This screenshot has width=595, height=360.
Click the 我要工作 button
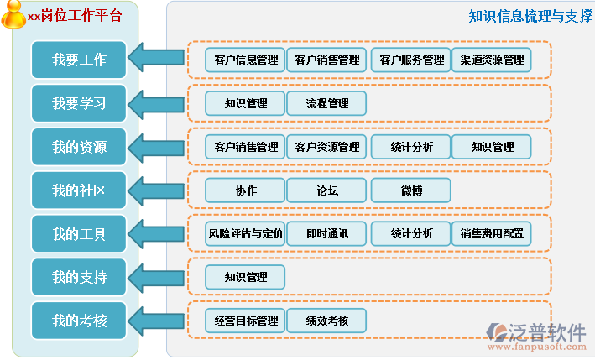(x=79, y=60)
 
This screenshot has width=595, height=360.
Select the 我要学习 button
(x=79, y=103)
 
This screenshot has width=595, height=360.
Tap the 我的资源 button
(x=79, y=147)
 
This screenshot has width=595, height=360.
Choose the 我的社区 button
(x=79, y=190)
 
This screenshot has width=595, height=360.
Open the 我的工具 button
(x=79, y=234)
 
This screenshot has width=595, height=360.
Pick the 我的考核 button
(x=79, y=321)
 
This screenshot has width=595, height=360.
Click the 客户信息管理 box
(x=246, y=60)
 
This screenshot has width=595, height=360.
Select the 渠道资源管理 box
(x=492, y=60)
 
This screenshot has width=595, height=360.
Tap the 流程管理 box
(x=327, y=103)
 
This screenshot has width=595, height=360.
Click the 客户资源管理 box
(x=327, y=147)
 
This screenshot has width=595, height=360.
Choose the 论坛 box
(x=327, y=190)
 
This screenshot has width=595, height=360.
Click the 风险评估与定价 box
(x=246, y=233)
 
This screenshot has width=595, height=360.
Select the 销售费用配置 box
(x=492, y=233)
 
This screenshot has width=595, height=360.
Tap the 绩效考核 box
(x=327, y=321)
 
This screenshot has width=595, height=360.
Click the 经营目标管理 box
(x=246, y=321)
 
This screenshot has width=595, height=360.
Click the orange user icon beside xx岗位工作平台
(x=14, y=14)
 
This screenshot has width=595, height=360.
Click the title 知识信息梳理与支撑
(x=530, y=16)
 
